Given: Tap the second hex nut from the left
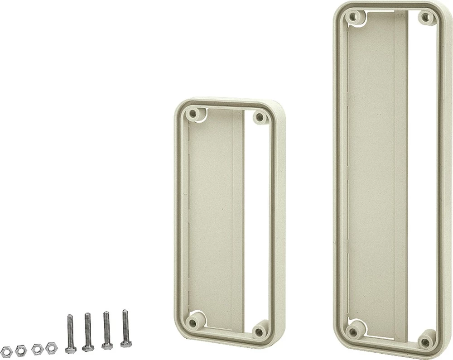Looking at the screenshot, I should pyautogui.click(x=21, y=350).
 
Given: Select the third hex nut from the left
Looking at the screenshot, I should pyautogui.click(x=37, y=349).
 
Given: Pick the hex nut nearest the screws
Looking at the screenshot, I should pyautogui.click(x=51, y=348).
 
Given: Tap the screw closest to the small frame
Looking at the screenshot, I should pyautogui.click(x=125, y=328).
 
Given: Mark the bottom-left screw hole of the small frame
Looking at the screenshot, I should pyautogui.click(x=195, y=323).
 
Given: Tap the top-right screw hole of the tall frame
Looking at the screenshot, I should pyautogui.click(x=426, y=18).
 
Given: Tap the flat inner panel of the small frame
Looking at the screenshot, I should pyautogui.click(x=211, y=217).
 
